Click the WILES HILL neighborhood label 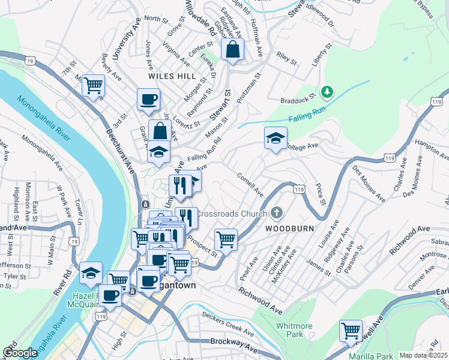[173, 77]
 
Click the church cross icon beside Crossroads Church [276, 212]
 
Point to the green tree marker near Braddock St [327, 92]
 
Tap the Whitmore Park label [294, 329]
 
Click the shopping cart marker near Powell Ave [351, 330]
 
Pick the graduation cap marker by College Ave [276, 139]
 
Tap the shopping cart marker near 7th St [93, 85]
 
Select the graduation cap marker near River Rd [91, 273]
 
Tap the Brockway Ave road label [234, 343]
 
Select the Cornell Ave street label [250, 185]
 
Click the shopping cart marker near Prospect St [226, 239]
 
